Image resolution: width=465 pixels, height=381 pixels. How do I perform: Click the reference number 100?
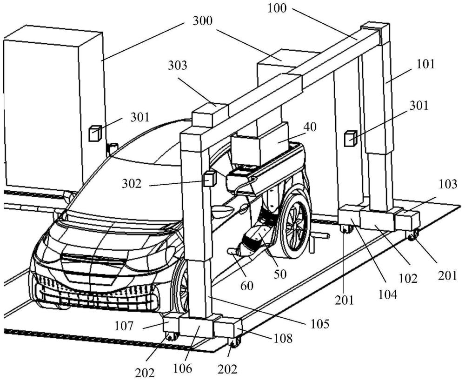coord(277,8)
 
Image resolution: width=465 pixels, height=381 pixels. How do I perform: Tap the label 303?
coord(178,65)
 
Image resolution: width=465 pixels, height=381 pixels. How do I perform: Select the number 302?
coord(132,184)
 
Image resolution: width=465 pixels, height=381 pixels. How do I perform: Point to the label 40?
coord(310,127)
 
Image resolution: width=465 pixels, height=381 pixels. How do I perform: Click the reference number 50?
coord(280,274)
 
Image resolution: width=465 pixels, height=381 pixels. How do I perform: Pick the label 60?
coord(247,286)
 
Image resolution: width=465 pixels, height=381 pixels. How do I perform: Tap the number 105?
coord(319,324)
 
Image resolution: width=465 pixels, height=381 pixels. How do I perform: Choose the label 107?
coord(124,327)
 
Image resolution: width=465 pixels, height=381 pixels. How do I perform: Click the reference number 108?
coord(282,338)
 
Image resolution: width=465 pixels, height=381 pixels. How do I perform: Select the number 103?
coord(448,184)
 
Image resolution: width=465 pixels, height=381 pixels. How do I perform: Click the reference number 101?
coord(425,64)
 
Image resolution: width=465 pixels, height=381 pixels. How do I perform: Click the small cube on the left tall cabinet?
coord(95,133)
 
